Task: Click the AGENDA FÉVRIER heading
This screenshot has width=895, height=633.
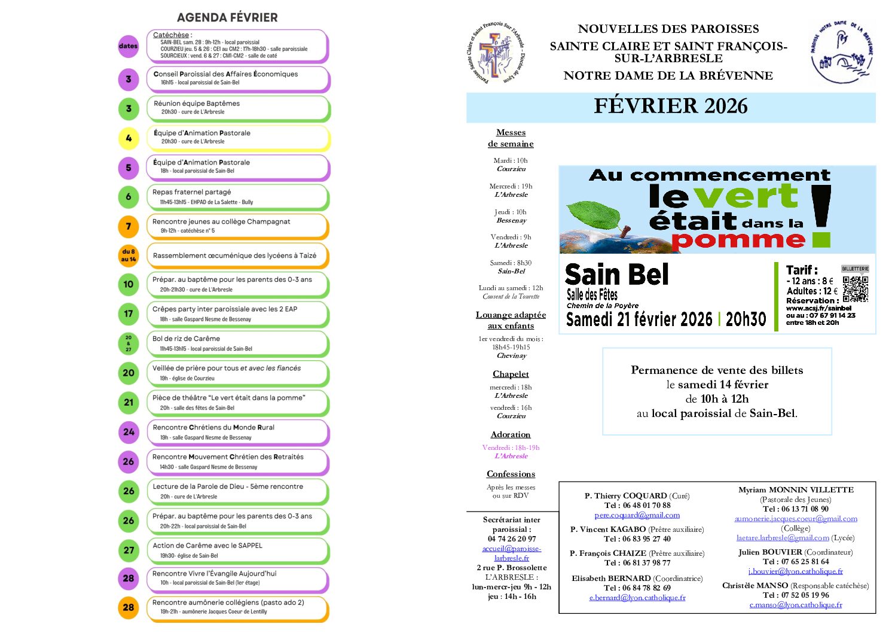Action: [227, 17]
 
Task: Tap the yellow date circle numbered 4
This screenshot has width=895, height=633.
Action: [129, 138]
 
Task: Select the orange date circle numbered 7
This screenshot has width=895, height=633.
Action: [129, 226]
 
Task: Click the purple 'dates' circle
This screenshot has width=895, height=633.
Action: [129, 46]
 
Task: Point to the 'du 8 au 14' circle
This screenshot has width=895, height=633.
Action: [129, 255]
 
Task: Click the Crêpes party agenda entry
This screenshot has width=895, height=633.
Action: [237, 314]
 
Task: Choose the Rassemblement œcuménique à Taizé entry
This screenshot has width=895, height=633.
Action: [237, 255]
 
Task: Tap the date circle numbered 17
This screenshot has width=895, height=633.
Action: [129, 314]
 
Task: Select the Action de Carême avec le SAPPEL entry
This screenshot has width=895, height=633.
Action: [237, 550]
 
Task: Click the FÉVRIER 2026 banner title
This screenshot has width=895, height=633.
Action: [670, 106]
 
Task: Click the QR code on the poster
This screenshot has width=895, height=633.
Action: [856, 288]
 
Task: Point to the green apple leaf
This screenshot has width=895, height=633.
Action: [591, 214]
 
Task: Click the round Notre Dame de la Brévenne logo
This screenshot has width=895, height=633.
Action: [841, 53]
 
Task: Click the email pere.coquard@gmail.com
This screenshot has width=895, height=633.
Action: [637, 515]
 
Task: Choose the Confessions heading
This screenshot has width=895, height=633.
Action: [511, 474]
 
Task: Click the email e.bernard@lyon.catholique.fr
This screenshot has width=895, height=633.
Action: [637, 598]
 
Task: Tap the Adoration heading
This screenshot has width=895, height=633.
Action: [511, 434]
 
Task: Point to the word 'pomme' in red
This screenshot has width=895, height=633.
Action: [738, 241]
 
